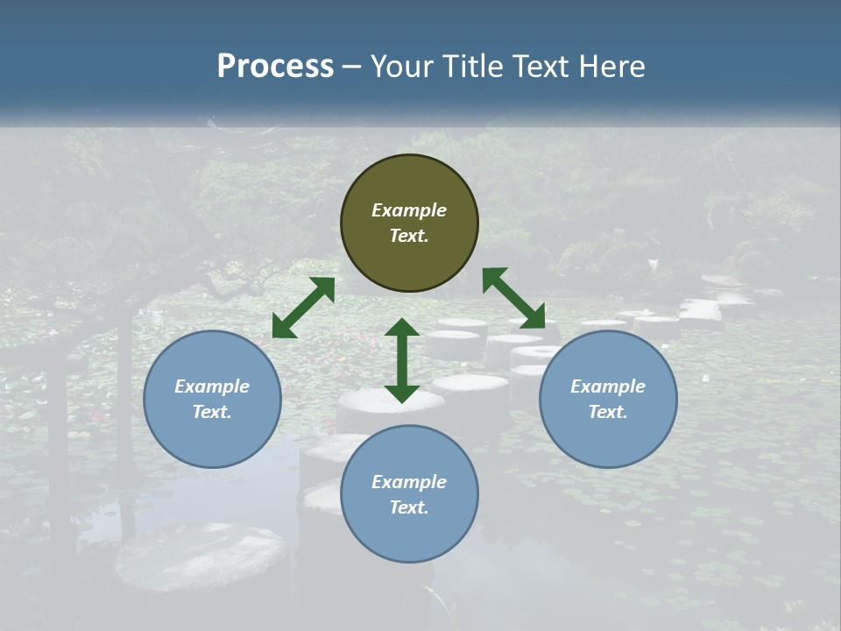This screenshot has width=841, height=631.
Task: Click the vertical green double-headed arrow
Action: [x=402, y=360]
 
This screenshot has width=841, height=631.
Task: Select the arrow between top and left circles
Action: [x=303, y=308]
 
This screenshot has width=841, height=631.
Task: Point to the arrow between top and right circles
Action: [x=513, y=298]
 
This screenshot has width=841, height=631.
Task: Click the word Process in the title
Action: [x=275, y=67]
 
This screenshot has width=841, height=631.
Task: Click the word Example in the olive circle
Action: [x=409, y=210]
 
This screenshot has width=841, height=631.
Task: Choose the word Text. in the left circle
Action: [x=212, y=412]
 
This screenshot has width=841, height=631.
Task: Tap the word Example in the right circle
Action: [x=608, y=386]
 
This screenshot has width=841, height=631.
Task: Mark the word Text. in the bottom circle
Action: [x=409, y=507]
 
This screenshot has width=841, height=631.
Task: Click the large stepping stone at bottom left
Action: [x=201, y=557]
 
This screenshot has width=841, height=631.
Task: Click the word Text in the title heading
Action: [x=543, y=67]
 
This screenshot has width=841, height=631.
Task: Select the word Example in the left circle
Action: [x=212, y=386]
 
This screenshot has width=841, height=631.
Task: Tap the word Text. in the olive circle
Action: [x=409, y=236]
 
